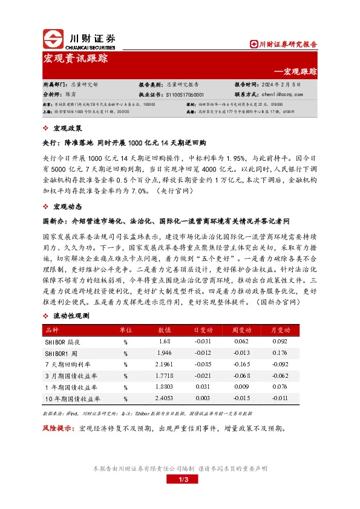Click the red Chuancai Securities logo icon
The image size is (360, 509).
53,40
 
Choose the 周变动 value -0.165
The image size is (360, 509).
240,365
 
